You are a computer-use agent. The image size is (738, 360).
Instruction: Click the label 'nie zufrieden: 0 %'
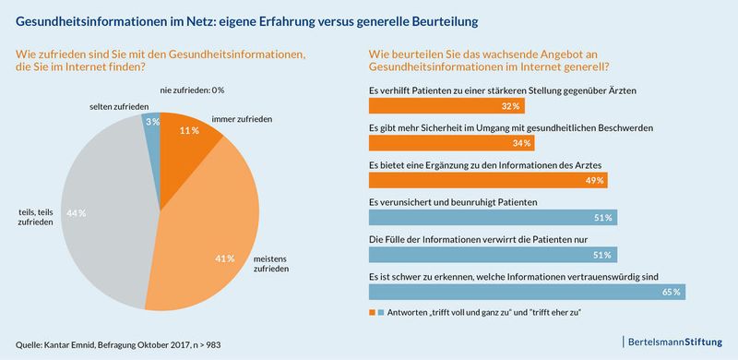[192, 90]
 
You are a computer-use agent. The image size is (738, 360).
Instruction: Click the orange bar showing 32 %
[430, 106]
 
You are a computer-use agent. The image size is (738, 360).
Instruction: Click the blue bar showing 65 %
[527, 292]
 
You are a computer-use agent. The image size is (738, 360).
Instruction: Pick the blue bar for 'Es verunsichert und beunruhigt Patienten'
[493, 218]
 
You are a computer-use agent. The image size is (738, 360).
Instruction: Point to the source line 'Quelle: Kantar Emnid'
[116, 344]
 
